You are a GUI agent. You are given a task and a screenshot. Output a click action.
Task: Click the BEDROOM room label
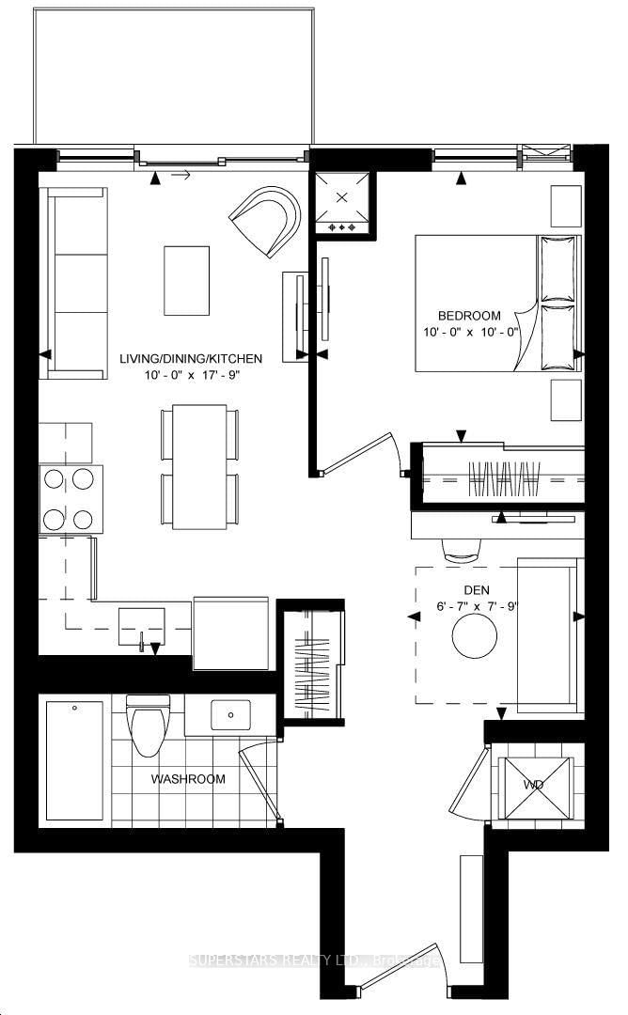[469, 316]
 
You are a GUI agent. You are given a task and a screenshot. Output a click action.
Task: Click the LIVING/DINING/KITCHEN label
[191, 358]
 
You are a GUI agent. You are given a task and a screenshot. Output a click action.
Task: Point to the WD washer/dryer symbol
[533, 784]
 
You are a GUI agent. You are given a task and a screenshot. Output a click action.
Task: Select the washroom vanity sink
[228, 716]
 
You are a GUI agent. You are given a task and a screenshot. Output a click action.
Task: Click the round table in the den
[475, 639]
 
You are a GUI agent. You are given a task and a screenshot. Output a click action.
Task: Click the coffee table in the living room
[187, 280]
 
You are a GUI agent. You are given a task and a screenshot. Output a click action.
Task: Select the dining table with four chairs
[199, 466]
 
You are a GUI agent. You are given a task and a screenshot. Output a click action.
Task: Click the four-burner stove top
[71, 499]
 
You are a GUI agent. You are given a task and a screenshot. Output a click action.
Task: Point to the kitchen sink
[141, 625]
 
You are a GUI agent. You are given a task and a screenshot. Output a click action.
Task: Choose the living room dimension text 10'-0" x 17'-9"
[191, 376]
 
